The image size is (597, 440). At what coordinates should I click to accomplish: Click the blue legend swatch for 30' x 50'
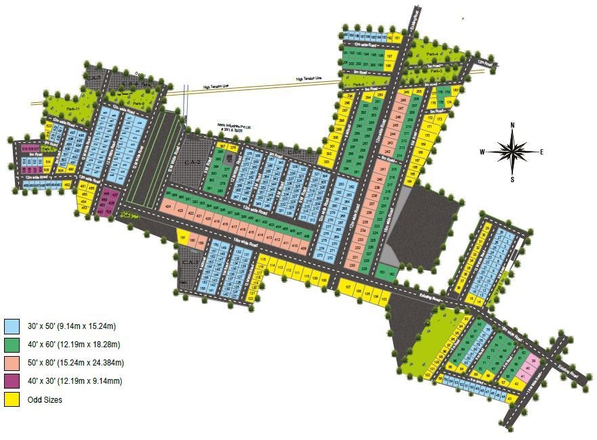tap(12, 325)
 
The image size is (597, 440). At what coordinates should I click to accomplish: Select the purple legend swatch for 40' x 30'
tap(12, 381)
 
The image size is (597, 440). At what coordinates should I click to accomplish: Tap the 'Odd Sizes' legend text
tap(45, 400)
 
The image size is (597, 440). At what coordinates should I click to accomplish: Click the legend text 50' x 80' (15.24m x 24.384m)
tap(75, 363)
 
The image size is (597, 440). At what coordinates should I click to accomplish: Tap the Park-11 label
tap(73, 109)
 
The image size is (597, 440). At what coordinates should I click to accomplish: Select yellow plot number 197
tap(389, 56)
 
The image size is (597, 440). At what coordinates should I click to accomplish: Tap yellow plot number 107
tap(348, 288)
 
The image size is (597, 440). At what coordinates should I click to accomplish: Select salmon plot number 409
tap(302, 250)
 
